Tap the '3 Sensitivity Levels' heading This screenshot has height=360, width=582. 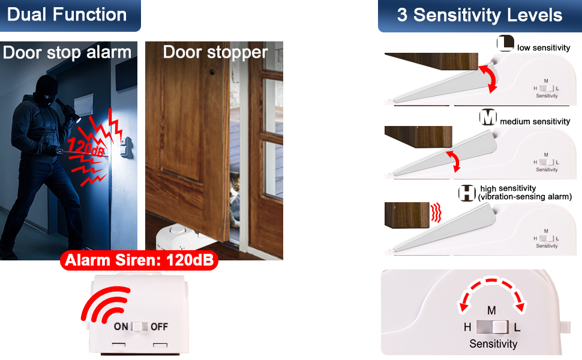(x=480, y=15)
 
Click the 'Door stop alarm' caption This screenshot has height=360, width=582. (x=67, y=53)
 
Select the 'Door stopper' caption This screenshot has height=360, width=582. (x=215, y=52)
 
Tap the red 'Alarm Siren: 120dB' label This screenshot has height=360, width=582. (x=139, y=261)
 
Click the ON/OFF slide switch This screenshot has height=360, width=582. (x=139, y=326)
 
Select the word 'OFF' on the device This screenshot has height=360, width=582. (x=159, y=327)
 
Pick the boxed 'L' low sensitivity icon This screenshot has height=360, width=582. (x=505, y=44)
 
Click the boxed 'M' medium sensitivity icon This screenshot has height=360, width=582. (x=489, y=118)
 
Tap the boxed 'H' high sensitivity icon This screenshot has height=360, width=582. (x=467, y=193)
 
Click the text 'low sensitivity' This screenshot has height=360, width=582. (x=544, y=48)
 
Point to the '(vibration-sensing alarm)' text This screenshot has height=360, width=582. (x=525, y=197)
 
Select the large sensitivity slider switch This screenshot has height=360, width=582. (x=493, y=327)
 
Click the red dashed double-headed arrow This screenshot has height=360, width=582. (x=492, y=292)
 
